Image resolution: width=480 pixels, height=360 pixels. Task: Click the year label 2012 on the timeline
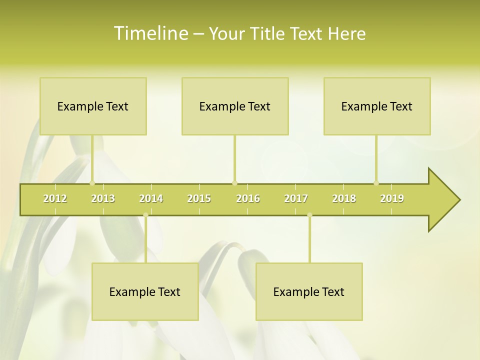coord(55,198)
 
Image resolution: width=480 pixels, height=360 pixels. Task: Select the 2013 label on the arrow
coord(103,198)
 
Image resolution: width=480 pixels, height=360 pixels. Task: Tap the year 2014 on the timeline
coord(151,198)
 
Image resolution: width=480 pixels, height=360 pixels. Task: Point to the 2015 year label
coord(199,198)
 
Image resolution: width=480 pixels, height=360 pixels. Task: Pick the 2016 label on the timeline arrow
coord(248,198)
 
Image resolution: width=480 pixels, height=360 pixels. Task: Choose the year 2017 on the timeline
coord(296,198)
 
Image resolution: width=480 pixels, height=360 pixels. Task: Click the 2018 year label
coord(344,198)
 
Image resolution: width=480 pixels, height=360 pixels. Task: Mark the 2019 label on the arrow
coord(392,198)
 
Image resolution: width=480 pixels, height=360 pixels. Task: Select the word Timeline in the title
coord(150,33)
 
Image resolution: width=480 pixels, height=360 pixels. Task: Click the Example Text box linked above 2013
coord(93,106)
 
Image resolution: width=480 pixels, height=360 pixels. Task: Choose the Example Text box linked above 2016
coord(235,106)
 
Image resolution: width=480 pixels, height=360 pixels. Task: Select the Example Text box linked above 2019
coord(377,106)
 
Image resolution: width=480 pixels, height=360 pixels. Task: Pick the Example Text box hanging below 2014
coord(145,291)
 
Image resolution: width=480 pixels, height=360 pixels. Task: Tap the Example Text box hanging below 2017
coord(309,291)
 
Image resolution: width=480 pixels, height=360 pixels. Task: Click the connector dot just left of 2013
coord(92,183)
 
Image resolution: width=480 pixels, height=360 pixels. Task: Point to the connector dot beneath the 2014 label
coord(145,215)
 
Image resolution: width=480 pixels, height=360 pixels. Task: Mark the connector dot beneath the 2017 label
coord(309,215)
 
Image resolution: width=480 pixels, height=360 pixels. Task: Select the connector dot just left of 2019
coord(376,183)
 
